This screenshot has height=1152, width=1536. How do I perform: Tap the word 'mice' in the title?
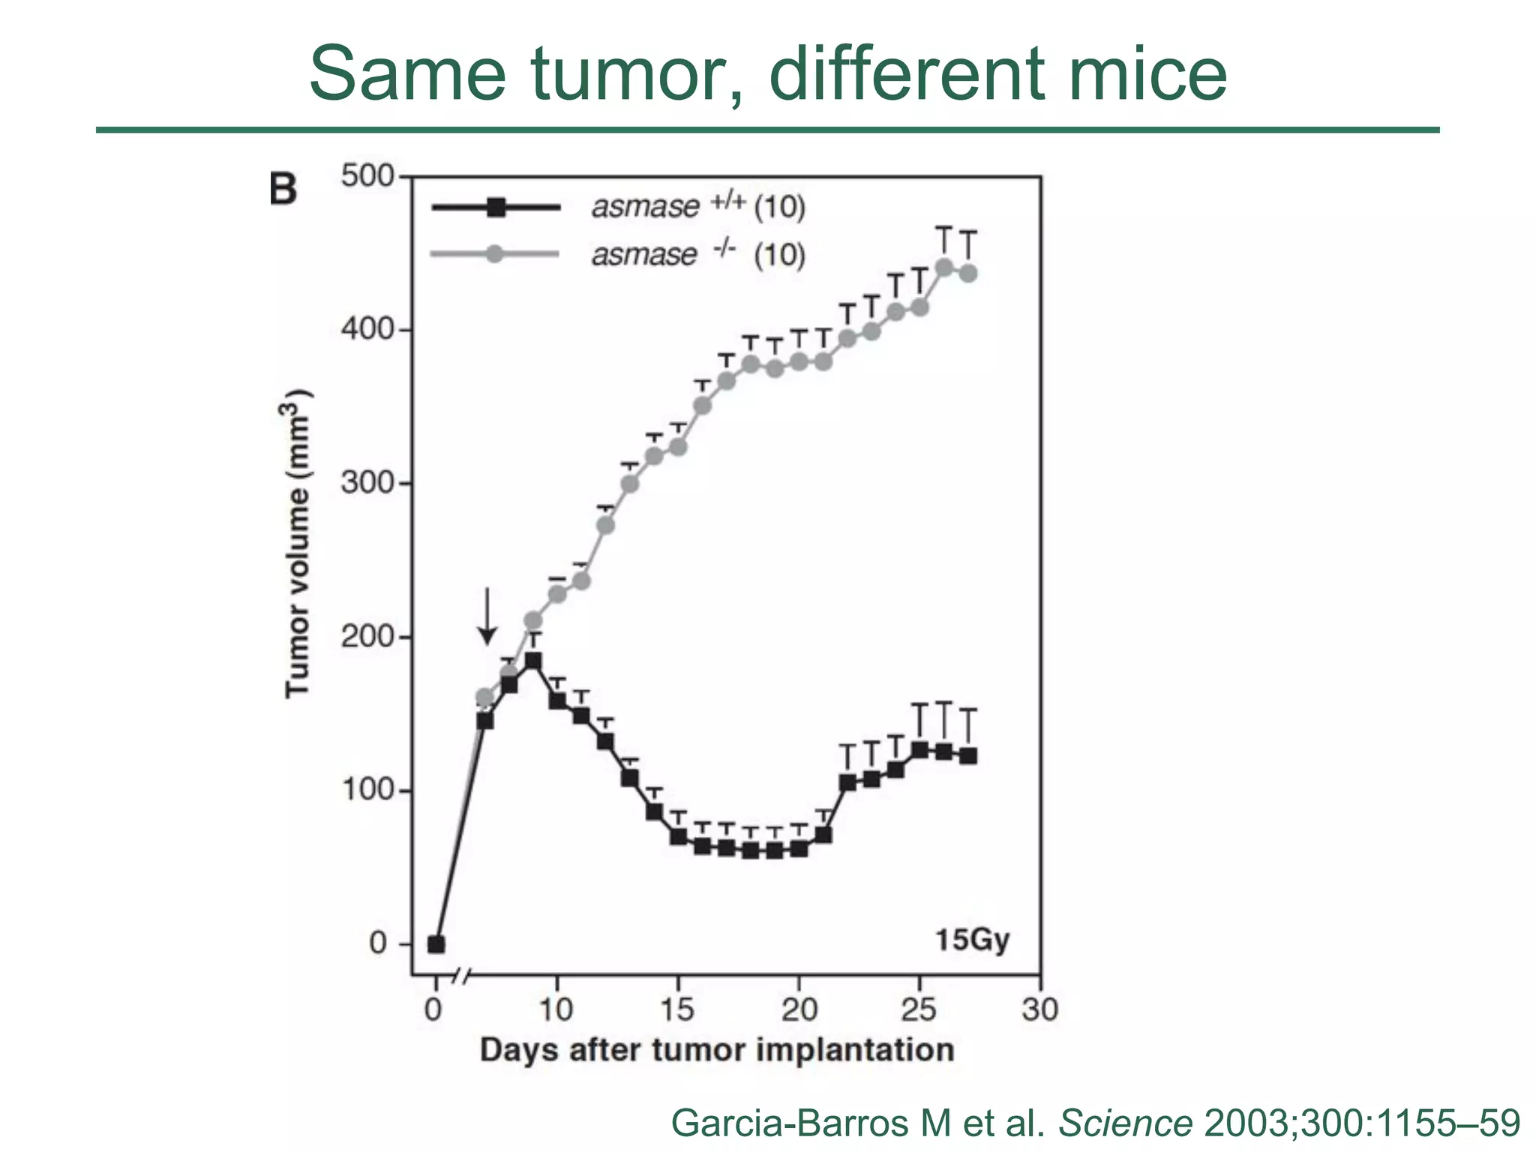(x=1147, y=73)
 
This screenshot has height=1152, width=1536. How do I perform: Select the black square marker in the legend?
(x=496, y=207)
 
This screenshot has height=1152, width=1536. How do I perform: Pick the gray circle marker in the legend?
(x=494, y=254)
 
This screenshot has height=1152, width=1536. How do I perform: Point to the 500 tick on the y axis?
(x=367, y=176)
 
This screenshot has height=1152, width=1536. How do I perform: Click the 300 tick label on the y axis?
(x=367, y=482)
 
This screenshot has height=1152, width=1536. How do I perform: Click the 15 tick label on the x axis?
(x=677, y=1010)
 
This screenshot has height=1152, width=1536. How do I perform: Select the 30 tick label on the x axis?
(x=1039, y=1010)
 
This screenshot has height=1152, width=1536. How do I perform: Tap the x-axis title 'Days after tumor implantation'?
(x=716, y=1050)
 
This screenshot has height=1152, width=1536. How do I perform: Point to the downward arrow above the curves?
(x=487, y=616)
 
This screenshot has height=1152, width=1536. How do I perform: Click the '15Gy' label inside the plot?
(x=972, y=940)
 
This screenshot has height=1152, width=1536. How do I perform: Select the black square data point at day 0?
(x=436, y=944)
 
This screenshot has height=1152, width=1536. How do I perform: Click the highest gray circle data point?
(x=944, y=268)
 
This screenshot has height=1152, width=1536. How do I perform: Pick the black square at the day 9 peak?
(x=533, y=661)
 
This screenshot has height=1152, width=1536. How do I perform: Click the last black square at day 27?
(x=968, y=756)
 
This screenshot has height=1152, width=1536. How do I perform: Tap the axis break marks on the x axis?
(x=463, y=976)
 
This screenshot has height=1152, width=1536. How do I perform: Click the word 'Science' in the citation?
(x=1125, y=1123)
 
